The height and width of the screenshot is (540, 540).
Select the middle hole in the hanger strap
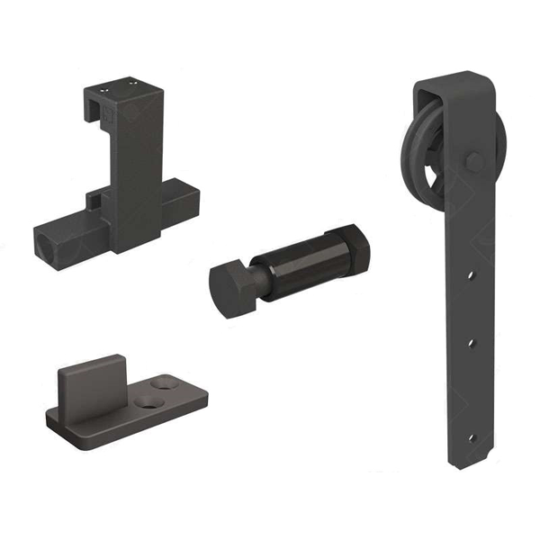(x=470, y=343)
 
